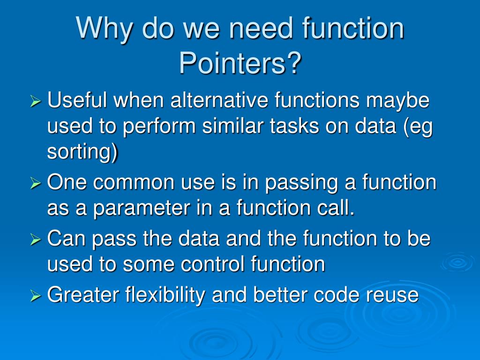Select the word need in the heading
click(257, 29)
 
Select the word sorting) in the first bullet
click(82, 153)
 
